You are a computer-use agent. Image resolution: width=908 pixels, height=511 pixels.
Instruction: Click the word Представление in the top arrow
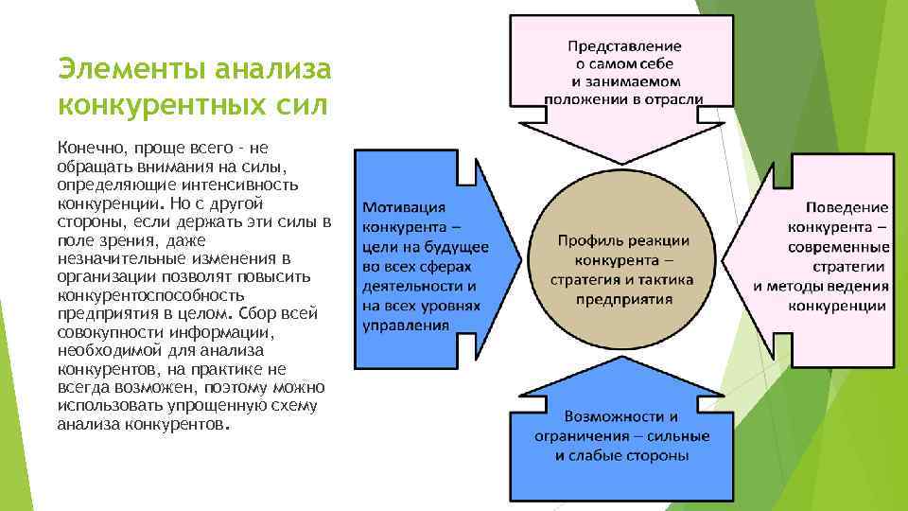623,45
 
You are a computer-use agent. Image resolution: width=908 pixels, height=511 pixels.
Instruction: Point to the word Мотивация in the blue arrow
404,208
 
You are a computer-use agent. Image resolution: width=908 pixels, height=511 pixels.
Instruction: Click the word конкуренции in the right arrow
837,306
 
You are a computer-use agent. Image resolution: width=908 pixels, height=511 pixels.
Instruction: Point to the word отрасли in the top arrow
668,99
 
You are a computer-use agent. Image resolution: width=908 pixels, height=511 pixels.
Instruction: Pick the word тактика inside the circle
666,280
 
